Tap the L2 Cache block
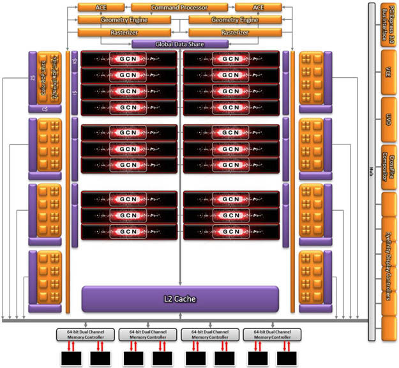(180, 298)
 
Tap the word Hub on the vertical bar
(371, 171)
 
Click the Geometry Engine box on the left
(124, 19)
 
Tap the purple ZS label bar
(32, 79)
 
